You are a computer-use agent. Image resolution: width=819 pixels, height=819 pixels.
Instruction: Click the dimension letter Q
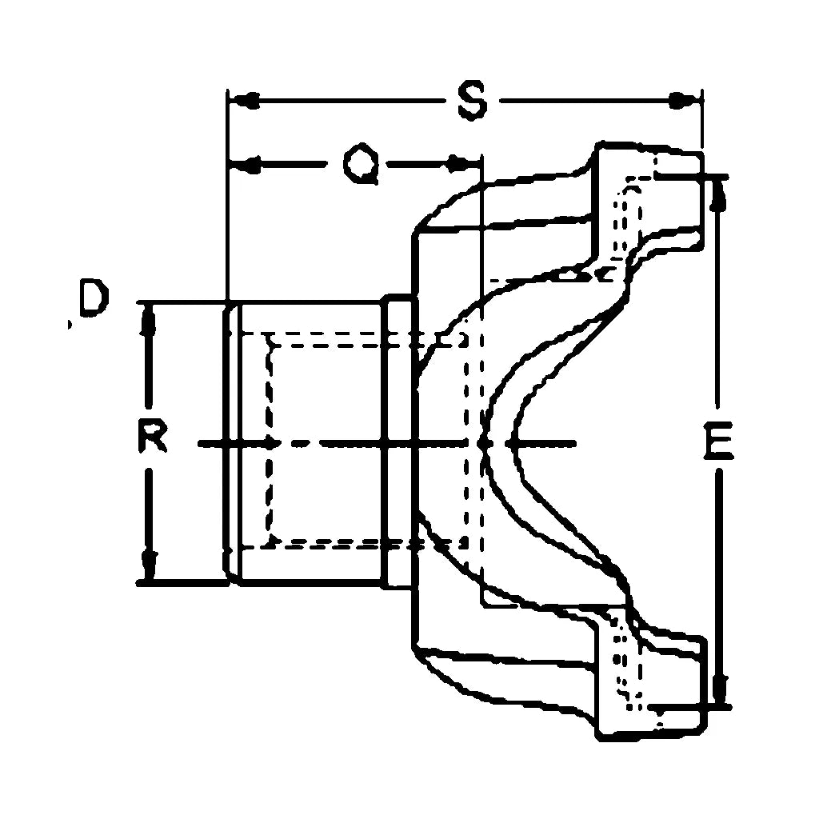[360, 166]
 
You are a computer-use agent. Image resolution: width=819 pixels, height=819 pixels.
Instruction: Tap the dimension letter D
[91, 299]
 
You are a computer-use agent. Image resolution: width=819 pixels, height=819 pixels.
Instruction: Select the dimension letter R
[150, 438]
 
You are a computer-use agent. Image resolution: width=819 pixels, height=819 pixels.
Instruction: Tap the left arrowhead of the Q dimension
[245, 166]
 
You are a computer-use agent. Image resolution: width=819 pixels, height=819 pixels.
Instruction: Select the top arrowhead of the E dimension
[718, 194]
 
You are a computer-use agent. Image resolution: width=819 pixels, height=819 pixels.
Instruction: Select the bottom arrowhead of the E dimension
[719, 688]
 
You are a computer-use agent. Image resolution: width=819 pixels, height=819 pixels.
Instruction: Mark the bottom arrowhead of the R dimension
[148, 564]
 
